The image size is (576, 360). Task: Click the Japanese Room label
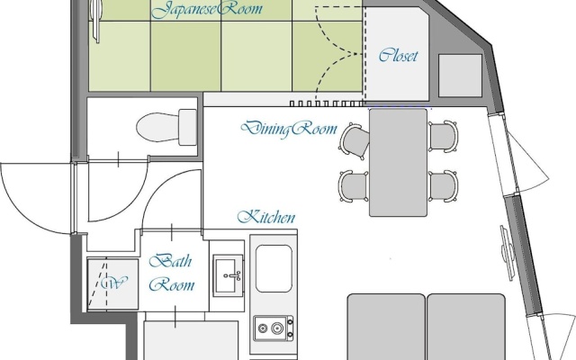[207, 9]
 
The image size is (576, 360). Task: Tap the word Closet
[398, 56]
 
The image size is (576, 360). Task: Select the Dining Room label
[289, 128]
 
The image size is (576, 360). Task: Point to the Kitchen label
[266, 217]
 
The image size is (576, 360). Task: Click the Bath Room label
[171, 273]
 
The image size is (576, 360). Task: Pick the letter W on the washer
[114, 283]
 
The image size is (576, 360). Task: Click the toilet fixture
[166, 127]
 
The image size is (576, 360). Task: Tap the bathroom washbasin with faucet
[228, 275]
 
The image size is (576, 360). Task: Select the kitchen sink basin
[274, 268]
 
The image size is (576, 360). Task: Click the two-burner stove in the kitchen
[274, 328]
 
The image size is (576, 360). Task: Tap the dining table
[398, 162]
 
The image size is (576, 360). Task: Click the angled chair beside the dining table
[354, 141]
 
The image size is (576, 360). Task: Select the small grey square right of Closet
[460, 76]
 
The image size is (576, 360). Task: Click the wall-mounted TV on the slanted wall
[508, 252]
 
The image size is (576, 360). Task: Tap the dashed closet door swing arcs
[338, 54]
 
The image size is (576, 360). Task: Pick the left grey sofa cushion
[386, 327]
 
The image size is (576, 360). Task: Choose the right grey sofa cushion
[466, 327]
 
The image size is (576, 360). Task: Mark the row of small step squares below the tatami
[327, 104]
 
